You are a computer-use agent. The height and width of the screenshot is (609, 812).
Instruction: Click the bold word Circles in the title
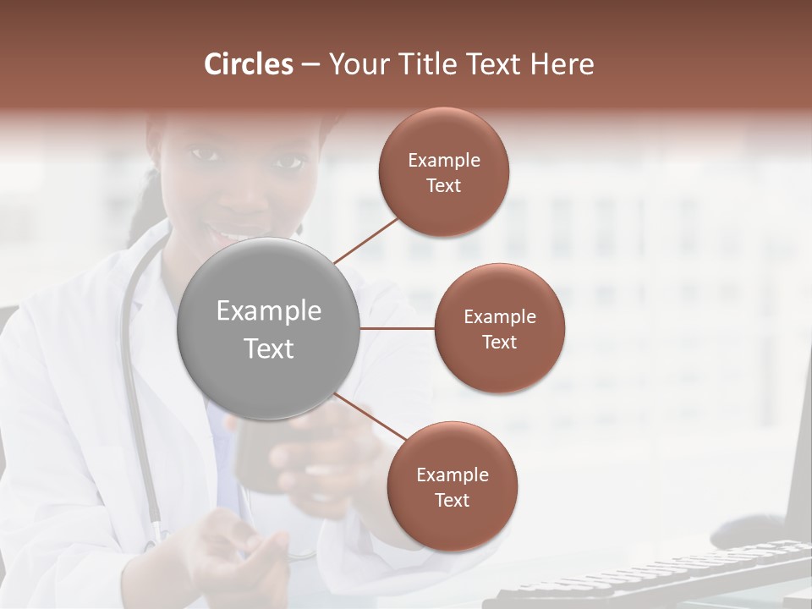click(249, 64)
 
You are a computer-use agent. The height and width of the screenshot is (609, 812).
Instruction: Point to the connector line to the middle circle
click(398, 328)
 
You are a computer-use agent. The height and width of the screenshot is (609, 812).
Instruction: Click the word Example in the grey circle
click(269, 311)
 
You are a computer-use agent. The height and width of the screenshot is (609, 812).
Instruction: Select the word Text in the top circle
click(444, 186)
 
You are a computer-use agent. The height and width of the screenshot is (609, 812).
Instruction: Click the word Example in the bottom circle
click(453, 475)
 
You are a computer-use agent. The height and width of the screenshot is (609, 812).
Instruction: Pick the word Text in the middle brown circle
click(500, 343)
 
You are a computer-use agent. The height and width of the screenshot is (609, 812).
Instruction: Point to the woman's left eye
click(288, 161)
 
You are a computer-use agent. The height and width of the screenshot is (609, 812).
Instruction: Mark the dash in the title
click(310, 65)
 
